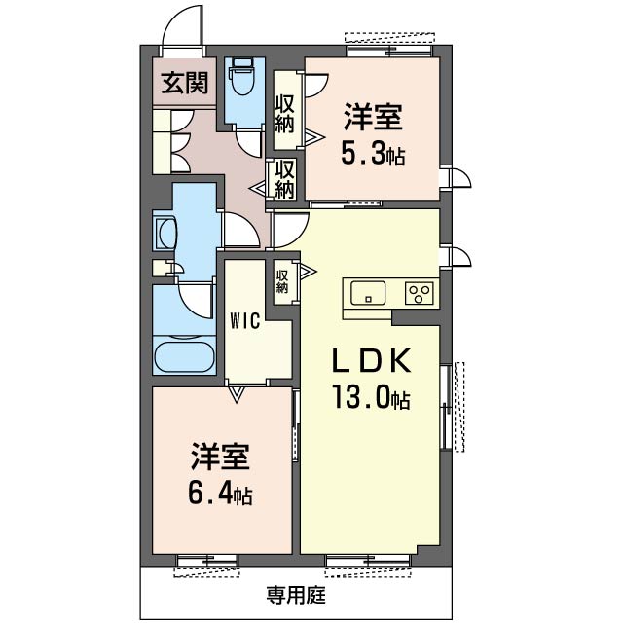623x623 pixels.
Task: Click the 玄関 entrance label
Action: coord(185,83)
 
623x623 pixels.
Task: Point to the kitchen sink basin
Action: coord(368,293)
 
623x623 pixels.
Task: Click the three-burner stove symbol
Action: coord(420,293)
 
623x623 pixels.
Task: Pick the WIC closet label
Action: coord(245,321)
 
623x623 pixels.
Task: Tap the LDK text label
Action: coord(371,360)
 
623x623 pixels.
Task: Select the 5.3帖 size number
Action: coord(373,154)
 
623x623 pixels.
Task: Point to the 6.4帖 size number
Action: coord(220,494)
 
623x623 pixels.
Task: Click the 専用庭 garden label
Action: coord(296,595)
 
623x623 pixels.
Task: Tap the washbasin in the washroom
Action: coord(165,234)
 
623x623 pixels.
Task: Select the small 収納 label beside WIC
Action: coord(282,281)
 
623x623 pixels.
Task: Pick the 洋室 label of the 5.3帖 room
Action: coord(373,117)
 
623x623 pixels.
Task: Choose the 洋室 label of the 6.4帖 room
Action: coord(220,457)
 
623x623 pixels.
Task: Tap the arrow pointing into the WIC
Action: coord(237,394)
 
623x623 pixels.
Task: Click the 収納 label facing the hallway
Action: coord(285,179)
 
